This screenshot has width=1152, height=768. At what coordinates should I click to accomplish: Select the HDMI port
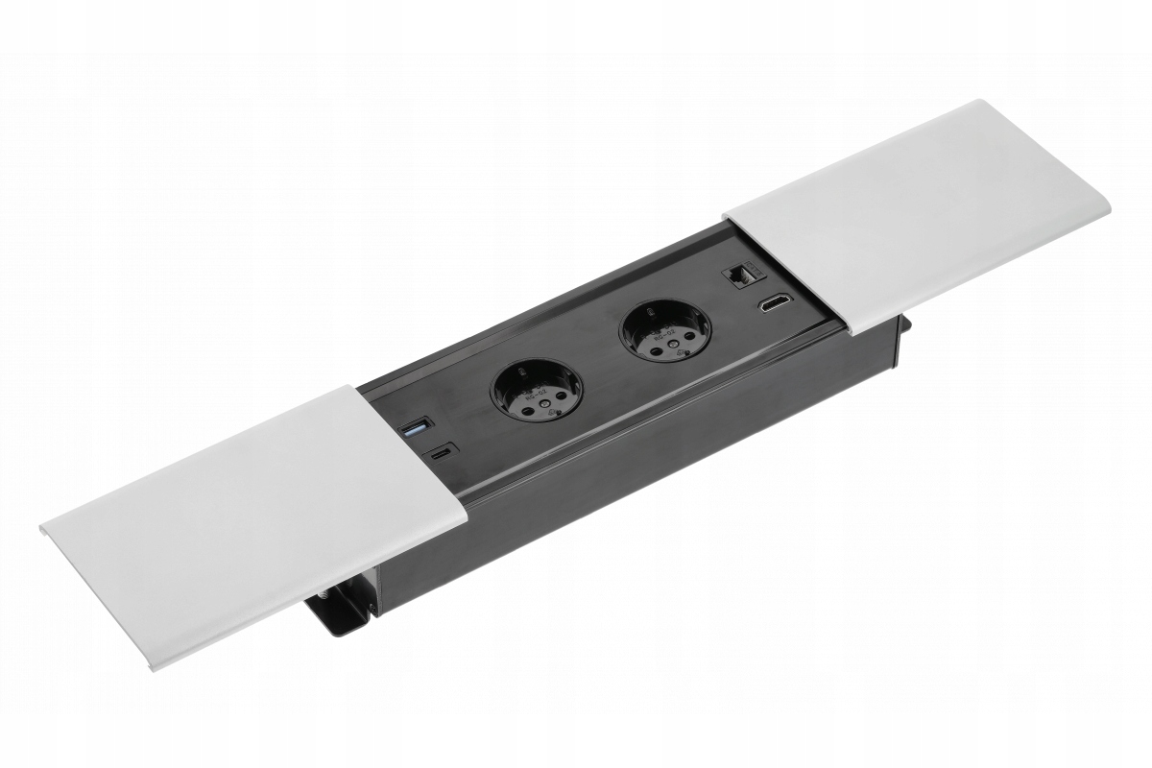click(771, 307)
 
